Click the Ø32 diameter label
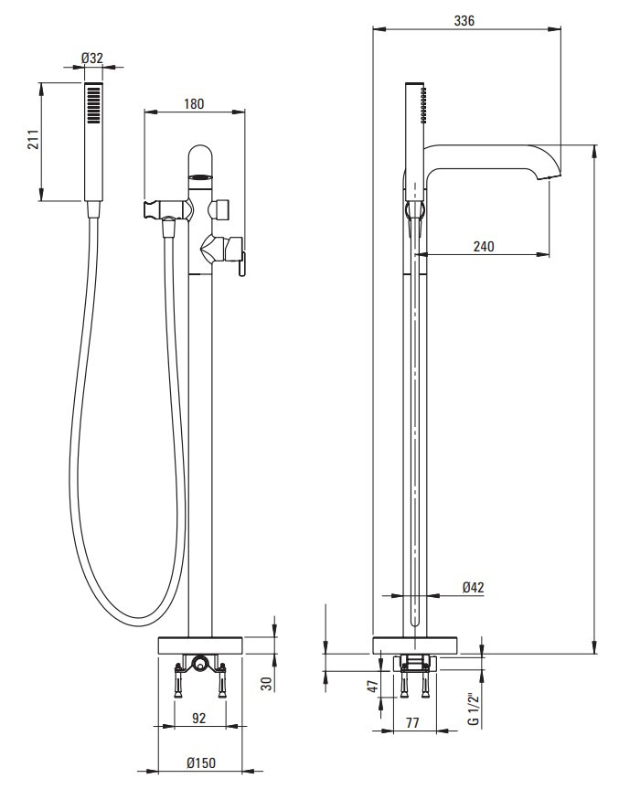pyautogui.click(x=92, y=59)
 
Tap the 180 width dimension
pyautogui.click(x=194, y=103)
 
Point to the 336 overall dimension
pyautogui.click(x=464, y=21)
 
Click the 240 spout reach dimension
pyautogui.click(x=484, y=246)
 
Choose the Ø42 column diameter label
pyautogui.click(x=473, y=587)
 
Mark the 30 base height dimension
pyautogui.click(x=267, y=683)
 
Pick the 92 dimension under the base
pyautogui.click(x=199, y=718)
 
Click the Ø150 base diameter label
pyautogui.click(x=201, y=762)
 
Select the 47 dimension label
pyautogui.click(x=373, y=687)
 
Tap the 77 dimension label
pyautogui.click(x=412, y=722)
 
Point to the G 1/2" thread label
pyautogui.click(x=473, y=709)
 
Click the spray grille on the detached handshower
pyautogui.click(x=94, y=104)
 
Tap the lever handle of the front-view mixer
pyautogui.click(x=241, y=265)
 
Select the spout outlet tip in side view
pyautogui.click(x=550, y=176)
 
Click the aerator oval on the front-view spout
pyautogui.click(x=200, y=177)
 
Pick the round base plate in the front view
pyautogui.click(x=201, y=645)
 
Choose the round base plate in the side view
pyautogui.click(x=415, y=645)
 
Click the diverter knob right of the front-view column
pyautogui.click(x=221, y=209)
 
